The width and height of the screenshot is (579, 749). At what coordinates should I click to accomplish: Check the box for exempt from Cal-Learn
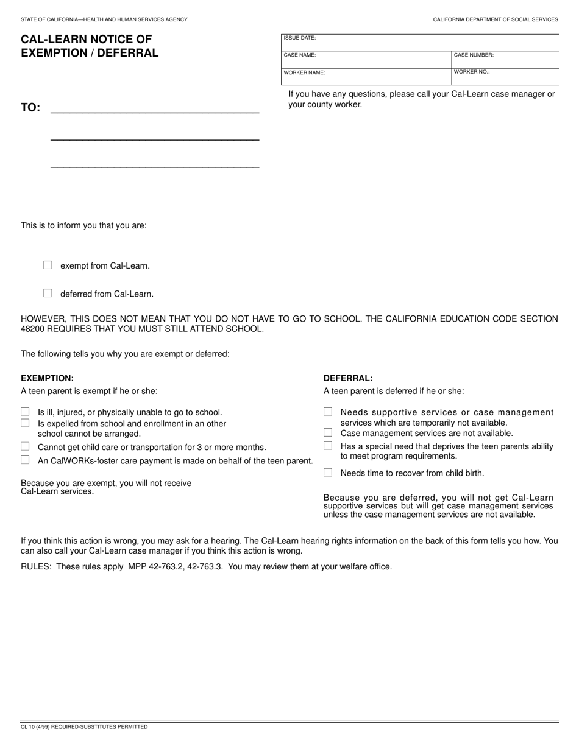pos(48,265)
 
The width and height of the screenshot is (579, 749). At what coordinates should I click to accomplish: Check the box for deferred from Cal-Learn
pos(48,293)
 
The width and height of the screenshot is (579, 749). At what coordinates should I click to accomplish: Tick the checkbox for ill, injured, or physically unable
pos(25,412)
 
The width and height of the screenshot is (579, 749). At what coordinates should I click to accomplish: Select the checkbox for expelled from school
pos(25,423)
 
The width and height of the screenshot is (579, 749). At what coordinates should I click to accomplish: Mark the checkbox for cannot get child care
pos(25,446)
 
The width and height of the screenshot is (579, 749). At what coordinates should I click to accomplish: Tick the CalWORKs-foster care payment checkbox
pos(25,460)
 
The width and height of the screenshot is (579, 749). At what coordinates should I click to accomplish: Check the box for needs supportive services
pos(328,412)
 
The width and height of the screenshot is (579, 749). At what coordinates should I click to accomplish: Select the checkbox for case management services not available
pos(328,432)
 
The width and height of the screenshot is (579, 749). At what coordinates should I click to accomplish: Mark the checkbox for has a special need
pos(328,446)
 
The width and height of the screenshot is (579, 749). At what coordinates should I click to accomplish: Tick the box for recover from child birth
pos(328,472)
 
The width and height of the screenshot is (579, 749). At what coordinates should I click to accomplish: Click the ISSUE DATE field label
pos(299,38)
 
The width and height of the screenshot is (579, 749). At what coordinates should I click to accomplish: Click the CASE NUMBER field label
pos(474,55)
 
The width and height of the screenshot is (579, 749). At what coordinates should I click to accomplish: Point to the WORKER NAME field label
pos(304,72)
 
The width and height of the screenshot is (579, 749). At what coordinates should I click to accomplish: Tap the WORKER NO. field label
pos(471,72)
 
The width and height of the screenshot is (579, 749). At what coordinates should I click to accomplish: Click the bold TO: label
pos(30,108)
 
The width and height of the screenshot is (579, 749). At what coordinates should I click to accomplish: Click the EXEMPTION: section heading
pos(47,378)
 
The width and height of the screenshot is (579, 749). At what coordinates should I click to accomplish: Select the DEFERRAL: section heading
pos(348,378)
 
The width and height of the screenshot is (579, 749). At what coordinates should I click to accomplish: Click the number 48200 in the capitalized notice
pos(32,329)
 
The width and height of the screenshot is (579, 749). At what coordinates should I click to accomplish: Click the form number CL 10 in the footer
pos(28,726)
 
